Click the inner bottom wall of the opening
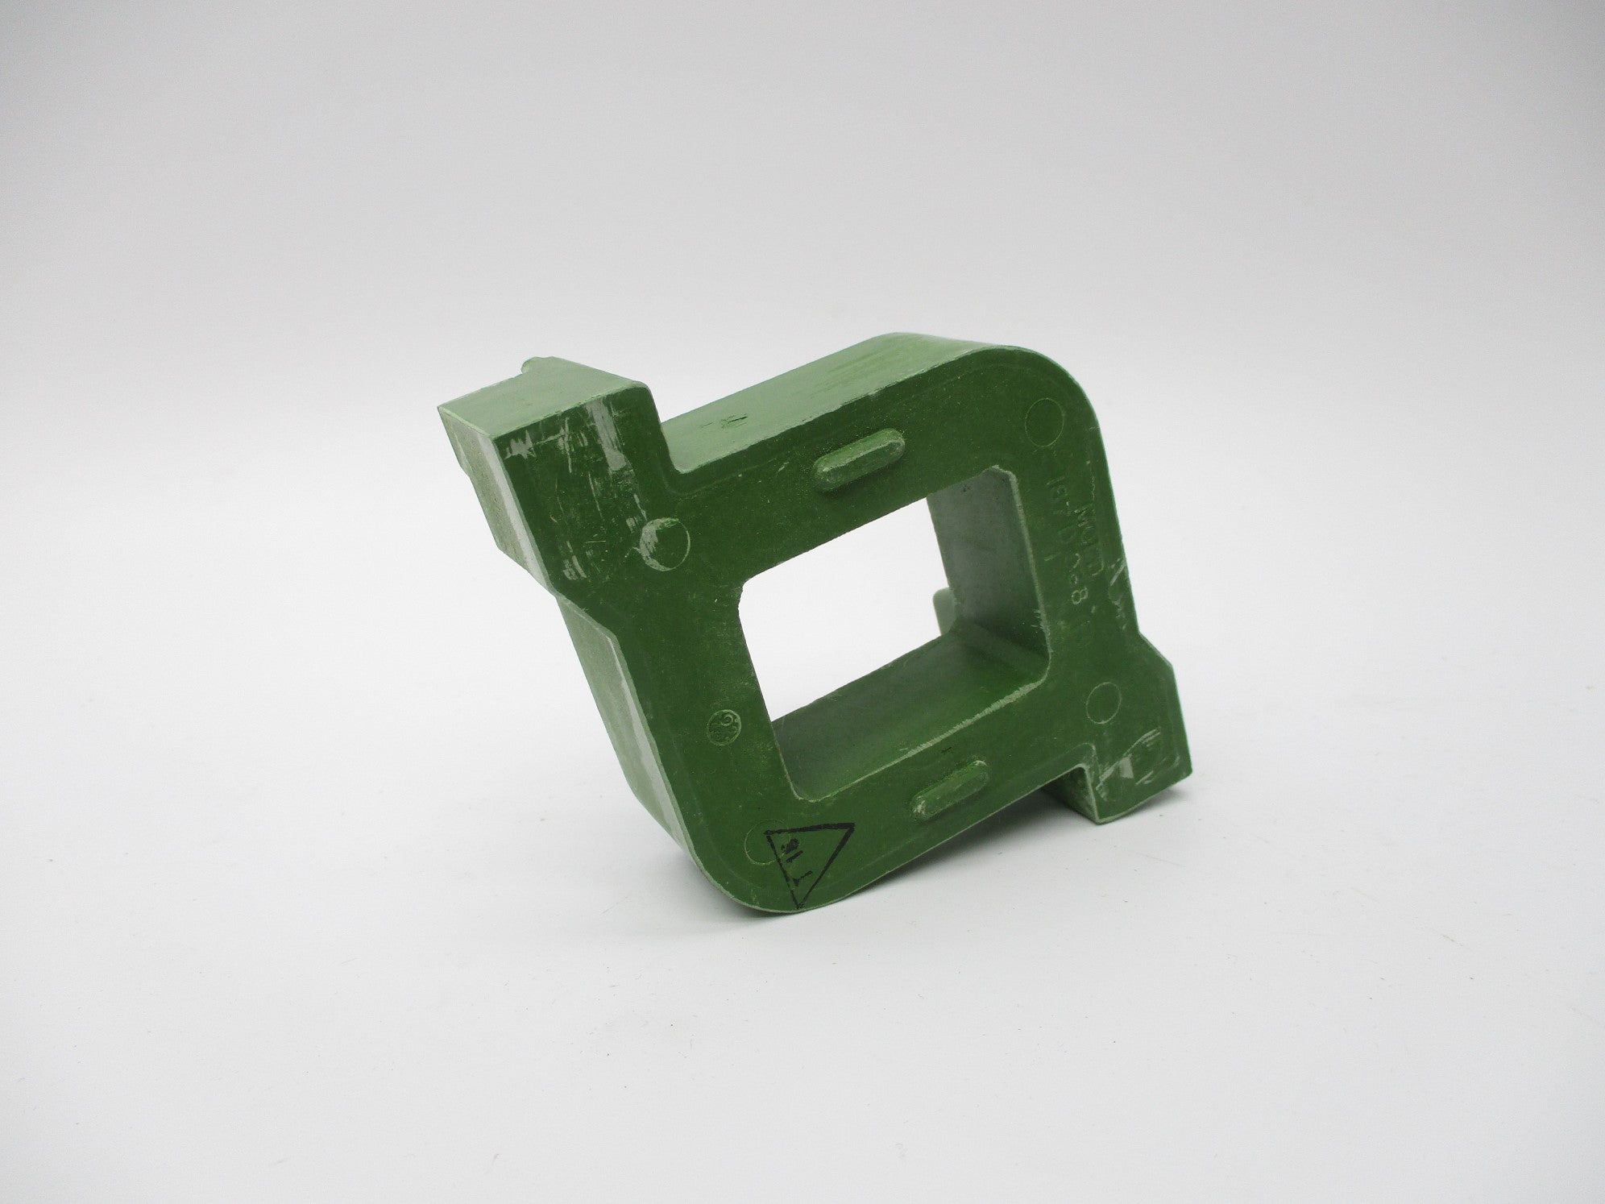886,709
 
